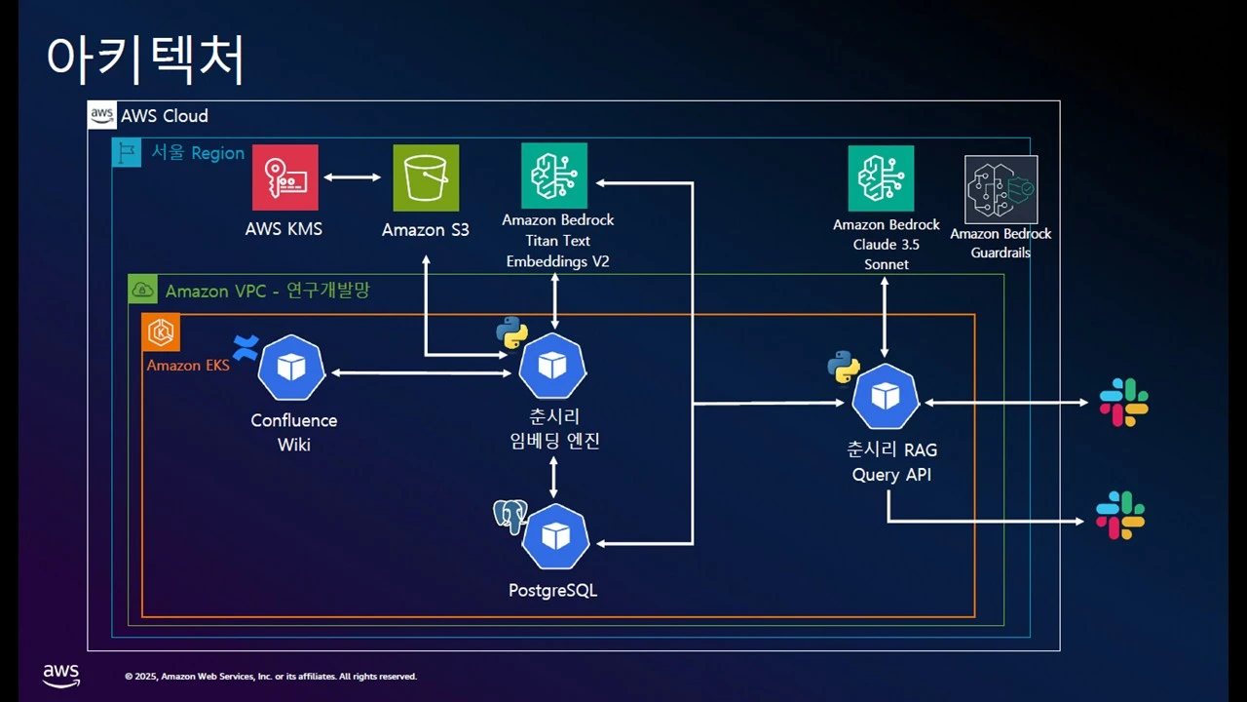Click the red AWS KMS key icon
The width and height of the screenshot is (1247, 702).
pyautogui.click(x=284, y=177)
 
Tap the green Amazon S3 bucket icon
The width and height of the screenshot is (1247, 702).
pyautogui.click(x=426, y=177)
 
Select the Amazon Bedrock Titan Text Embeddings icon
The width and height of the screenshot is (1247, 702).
pyautogui.click(x=554, y=175)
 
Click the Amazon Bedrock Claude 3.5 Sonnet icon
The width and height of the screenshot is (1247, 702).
pyautogui.click(x=881, y=178)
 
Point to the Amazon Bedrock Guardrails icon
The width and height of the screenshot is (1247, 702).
pyautogui.click(x=1001, y=189)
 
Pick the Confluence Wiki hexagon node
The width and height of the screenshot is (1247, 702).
pyautogui.click(x=291, y=368)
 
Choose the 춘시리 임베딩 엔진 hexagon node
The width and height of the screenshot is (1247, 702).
pyautogui.click(x=552, y=366)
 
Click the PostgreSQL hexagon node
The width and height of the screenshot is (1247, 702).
pyautogui.click(x=555, y=536)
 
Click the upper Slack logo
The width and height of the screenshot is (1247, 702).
pyautogui.click(x=1124, y=402)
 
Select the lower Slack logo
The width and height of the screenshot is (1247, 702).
pyautogui.click(x=1120, y=516)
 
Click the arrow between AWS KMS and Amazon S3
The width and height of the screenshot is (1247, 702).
pyautogui.click(x=353, y=177)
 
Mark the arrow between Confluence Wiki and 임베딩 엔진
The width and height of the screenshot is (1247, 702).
pyautogui.click(x=421, y=372)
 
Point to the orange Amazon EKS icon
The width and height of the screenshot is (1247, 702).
pyautogui.click(x=159, y=333)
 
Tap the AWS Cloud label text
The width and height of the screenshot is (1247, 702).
pyautogui.click(x=164, y=116)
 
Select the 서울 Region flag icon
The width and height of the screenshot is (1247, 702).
pyautogui.click(x=127, y=153)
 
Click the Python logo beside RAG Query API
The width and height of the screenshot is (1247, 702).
pyautogui.click(x=844, y=367)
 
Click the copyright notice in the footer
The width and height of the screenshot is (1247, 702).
pyautogui.click(x=271, y=677)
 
